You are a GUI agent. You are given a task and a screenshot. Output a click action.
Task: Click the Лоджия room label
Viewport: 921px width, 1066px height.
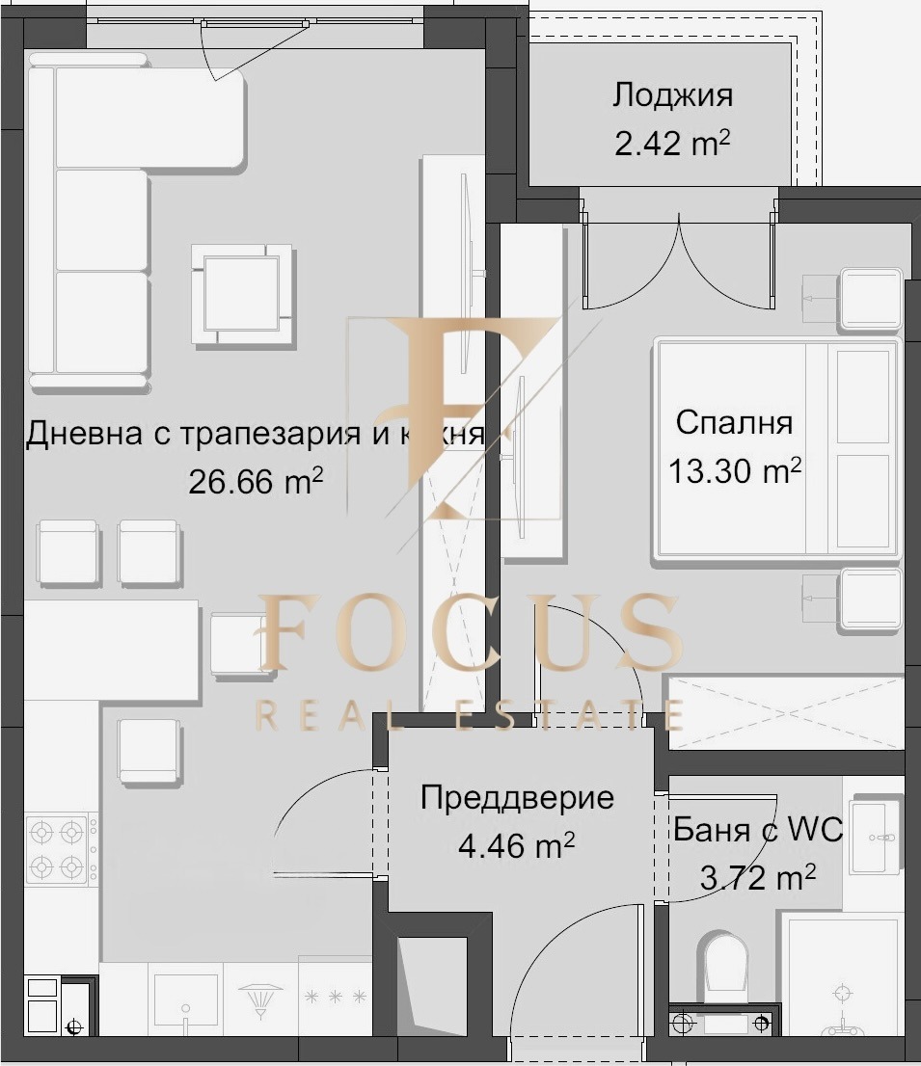672,95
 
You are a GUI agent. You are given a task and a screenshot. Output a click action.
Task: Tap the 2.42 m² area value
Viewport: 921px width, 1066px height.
672,145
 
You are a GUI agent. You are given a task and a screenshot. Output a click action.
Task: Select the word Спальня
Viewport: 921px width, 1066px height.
734,423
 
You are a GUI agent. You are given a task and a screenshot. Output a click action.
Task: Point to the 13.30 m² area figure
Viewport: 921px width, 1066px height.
735,471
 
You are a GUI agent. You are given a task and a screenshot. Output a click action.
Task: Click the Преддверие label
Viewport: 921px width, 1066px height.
517,798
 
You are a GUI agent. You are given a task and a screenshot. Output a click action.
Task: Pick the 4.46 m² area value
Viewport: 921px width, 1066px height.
517,847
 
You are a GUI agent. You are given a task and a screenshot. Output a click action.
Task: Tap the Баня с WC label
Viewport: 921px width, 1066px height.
758,830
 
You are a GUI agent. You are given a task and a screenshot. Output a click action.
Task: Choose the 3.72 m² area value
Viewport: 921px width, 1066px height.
758,878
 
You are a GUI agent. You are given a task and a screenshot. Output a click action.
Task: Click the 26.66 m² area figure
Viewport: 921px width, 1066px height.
256,482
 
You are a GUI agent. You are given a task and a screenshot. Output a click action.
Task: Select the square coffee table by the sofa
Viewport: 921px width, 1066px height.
241,293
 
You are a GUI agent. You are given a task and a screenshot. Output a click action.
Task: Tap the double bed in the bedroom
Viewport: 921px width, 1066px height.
777,447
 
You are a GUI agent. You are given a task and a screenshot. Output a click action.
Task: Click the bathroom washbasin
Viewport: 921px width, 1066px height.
876,837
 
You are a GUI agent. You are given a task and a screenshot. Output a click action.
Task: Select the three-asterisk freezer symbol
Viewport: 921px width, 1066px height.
335,997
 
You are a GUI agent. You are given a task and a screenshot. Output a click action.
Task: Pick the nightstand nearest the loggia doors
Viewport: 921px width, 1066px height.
871,299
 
